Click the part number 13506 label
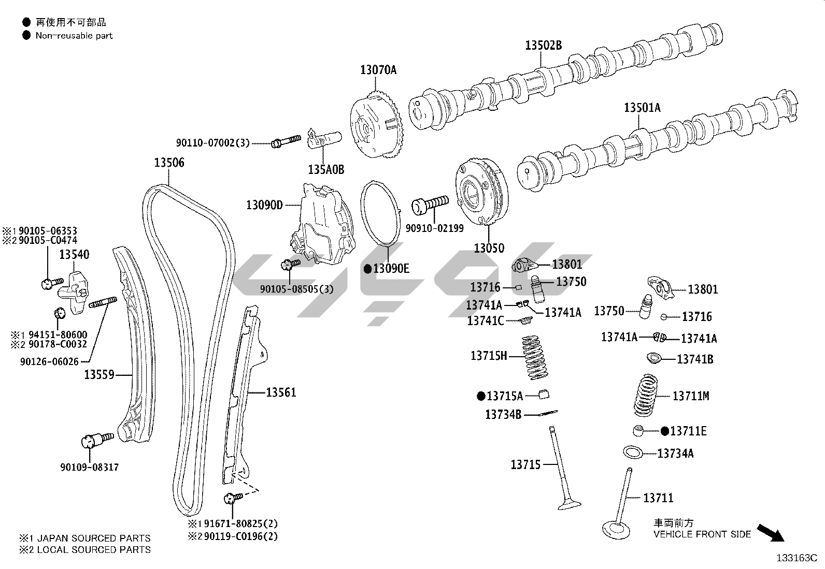(169, 163)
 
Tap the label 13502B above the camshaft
(543, 46)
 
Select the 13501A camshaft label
(642, 108)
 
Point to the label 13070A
(378, 70)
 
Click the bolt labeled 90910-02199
(429, 205)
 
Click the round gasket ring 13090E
(381, 213)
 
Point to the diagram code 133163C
(796, 558)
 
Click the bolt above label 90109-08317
(97, 440)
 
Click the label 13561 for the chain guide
(281, 392)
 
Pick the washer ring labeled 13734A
(633, 452)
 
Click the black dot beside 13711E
(665, 431)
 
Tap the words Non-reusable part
(74, 36)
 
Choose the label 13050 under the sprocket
(488, 248)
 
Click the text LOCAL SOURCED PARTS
(94, 549)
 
